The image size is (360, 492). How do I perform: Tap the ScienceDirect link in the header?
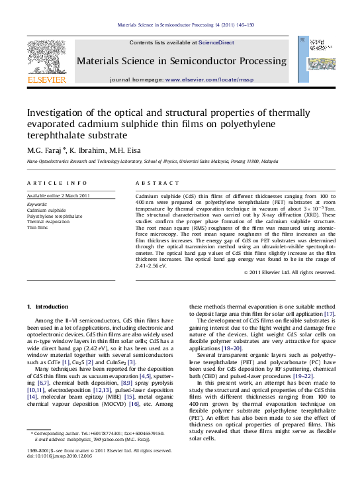click(x=216, y=42)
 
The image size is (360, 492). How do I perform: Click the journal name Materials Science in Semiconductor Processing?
click(x=181, y=62)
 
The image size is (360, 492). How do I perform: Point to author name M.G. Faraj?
click(x=44, y=150)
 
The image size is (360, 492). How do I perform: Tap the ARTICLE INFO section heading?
click(x=57, y=183)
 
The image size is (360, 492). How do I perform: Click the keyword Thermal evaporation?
click(x=48, y=222)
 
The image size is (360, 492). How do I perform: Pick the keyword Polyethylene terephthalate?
click(x=54, y=216)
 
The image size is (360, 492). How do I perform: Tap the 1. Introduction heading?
click(x=47, y=307)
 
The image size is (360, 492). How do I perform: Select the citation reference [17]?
click(x=329, y=313)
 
